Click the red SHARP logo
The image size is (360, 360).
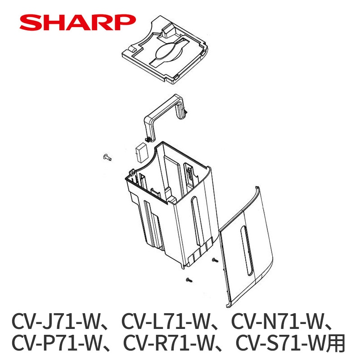(77, 22)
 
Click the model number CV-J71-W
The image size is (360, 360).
(55, 321)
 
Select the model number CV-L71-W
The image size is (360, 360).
(166, 321)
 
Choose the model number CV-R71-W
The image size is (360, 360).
(169, 343)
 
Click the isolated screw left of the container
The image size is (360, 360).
(107, 157)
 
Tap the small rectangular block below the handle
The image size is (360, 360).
(140, 153)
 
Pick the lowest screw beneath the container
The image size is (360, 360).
(189, 280)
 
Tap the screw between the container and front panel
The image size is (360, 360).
(215, 260)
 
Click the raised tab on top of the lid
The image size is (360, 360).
(168, 31)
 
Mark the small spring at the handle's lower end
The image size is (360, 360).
(148, 139)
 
